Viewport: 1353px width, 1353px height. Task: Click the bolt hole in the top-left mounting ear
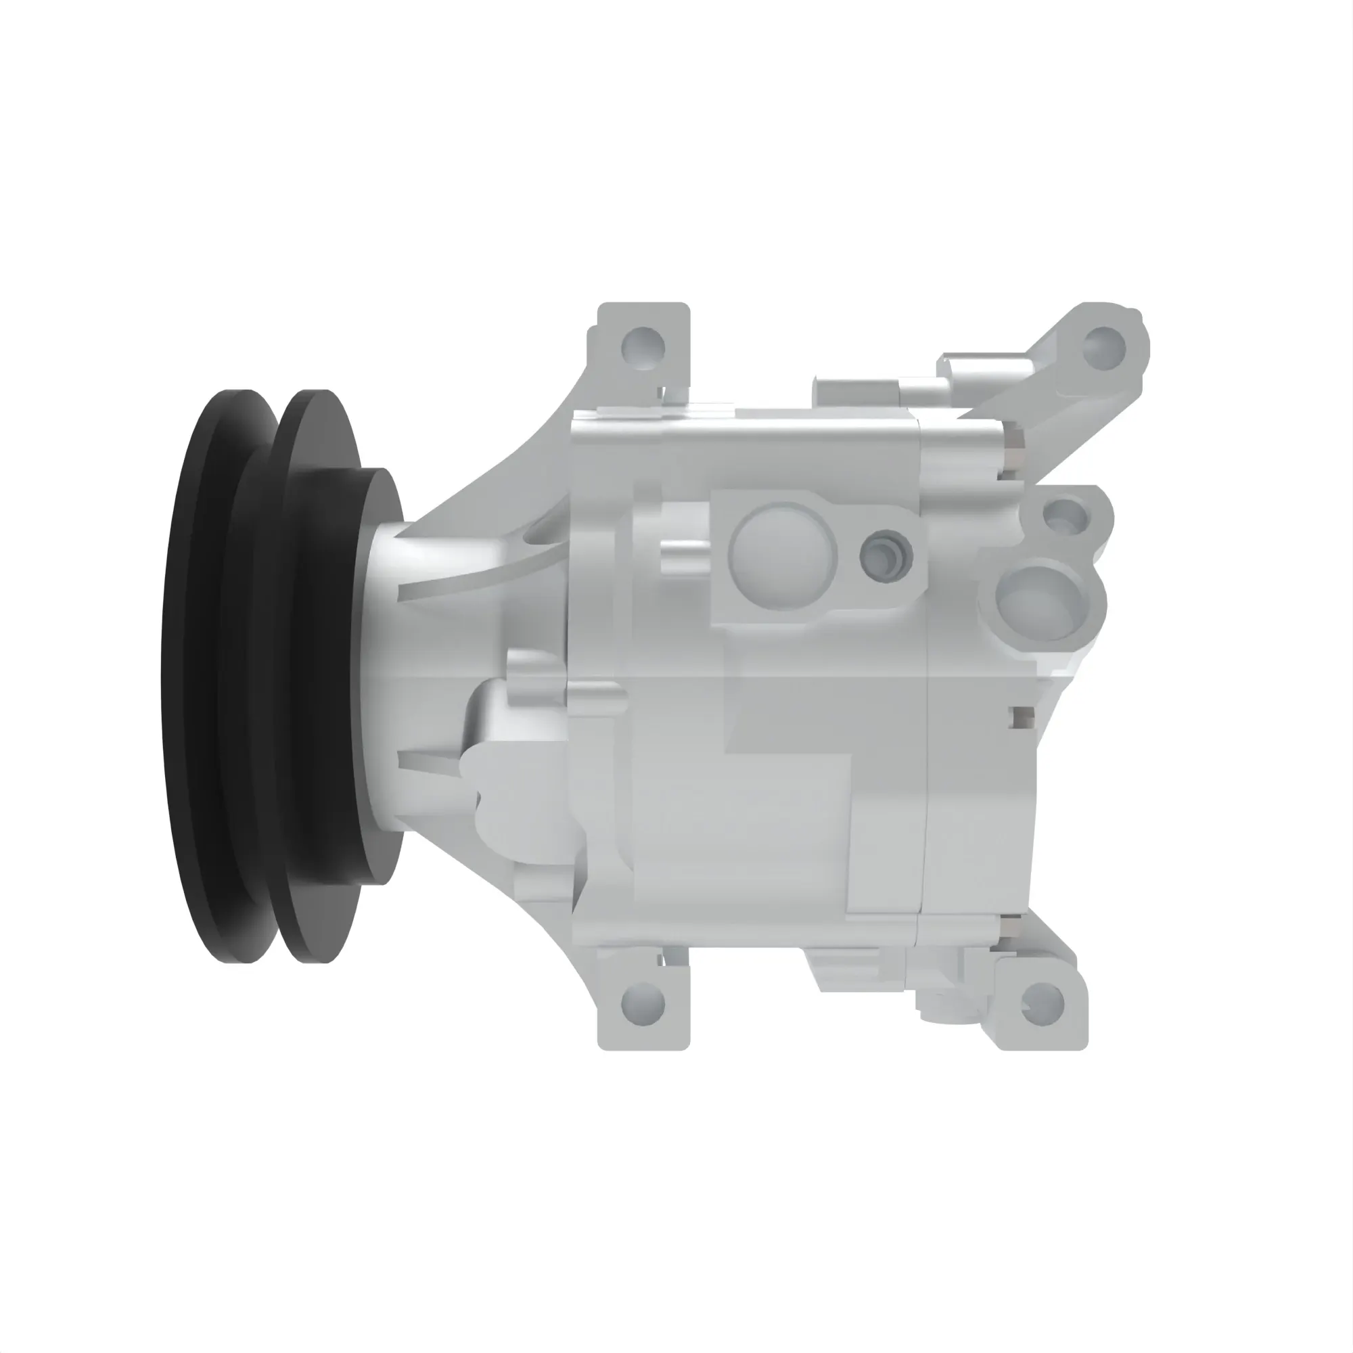click(x=643, y=344)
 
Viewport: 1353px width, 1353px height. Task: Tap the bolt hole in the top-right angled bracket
click(x=1103, y=345)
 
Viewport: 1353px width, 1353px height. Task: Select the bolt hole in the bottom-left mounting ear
click(x=643, y=1003)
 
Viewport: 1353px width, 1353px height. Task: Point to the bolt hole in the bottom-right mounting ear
click(x=1042, y=1001)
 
